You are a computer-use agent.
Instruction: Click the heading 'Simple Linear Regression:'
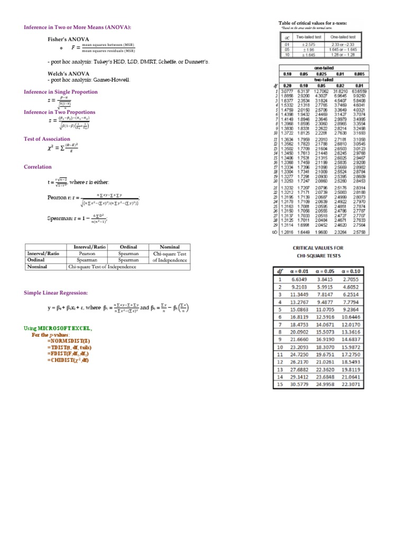[56, 293]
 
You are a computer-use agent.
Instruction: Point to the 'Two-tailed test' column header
[308, 37]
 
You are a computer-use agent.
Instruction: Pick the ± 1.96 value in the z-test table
[308, 49]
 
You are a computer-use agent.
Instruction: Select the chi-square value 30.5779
[297, 384]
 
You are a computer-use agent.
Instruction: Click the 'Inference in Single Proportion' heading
[60, 92]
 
